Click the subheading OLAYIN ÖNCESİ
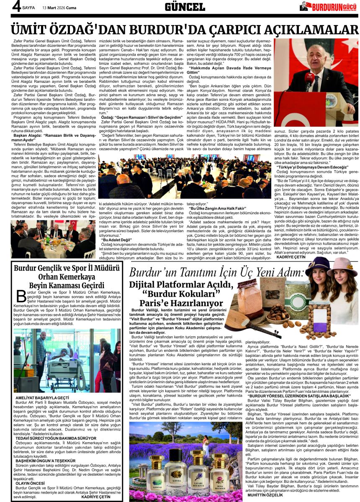[31, 483]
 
